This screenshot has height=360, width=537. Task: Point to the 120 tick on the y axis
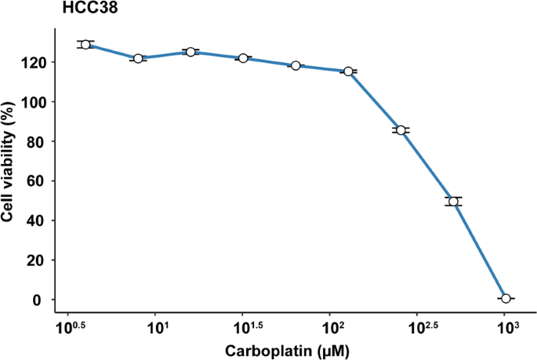(x=38, y=62)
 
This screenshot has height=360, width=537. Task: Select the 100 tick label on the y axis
(x=38, y=102)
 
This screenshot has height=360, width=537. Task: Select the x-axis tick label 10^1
(x=158, y=325)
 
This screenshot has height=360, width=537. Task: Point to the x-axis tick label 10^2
(x=332, y=325)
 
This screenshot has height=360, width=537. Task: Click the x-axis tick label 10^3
(x=506, y=325)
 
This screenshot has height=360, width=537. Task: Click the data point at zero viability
(x=506, y=299)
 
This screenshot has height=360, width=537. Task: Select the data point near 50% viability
(x=453, y=202)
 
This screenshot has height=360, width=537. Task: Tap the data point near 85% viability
(x=401, y=130)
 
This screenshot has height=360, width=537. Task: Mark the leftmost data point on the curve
(x=85, y=45)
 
